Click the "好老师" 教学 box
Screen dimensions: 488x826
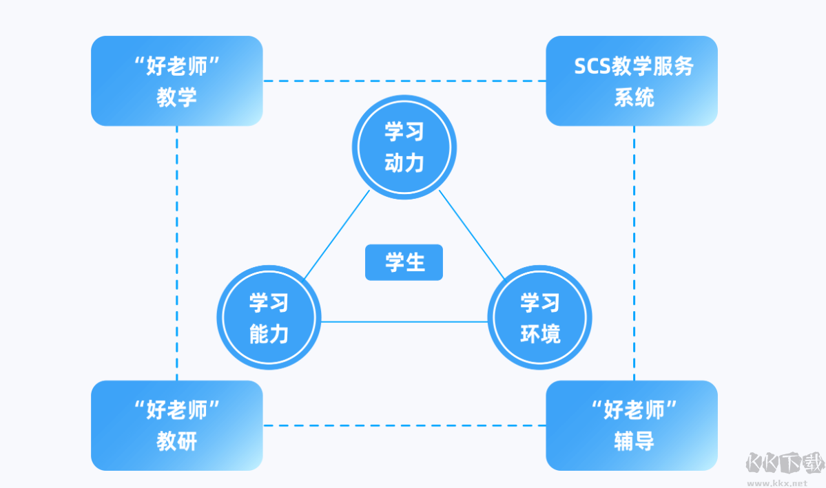point(176,81)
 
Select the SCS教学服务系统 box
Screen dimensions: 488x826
point(632,81)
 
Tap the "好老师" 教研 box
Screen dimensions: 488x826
point(176,425)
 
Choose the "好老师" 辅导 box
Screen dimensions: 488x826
point(632,425)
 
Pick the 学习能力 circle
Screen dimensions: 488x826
point(269,318)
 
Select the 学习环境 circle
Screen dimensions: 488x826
point(540,318)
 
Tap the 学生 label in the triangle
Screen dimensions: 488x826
point(404,262)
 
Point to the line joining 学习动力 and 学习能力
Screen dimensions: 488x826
point(336,235)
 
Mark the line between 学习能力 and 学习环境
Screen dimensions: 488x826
point(404,321)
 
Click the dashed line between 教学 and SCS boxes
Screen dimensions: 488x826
point(404,81)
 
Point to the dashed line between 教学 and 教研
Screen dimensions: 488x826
point(177,253)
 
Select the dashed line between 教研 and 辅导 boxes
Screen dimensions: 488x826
point(404,425)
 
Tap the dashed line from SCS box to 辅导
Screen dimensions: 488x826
point(634,253)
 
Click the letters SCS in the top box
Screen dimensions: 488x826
point(590,67)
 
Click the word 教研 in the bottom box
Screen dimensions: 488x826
point(176,441)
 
